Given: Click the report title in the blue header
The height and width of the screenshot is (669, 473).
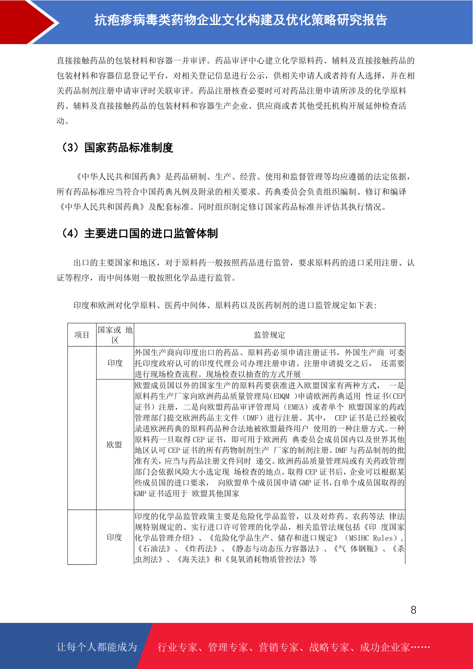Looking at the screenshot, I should [x=241, y=20].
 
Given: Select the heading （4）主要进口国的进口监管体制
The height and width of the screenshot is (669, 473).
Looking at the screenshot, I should [x=139, y=234].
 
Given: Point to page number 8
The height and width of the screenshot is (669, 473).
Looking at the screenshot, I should [x=413, y=610].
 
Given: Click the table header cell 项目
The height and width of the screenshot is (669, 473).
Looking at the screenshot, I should [x=82, y=335].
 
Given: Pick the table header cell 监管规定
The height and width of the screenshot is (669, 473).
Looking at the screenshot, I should [x=269, y=335].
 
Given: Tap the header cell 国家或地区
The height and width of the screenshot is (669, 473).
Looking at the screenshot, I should [x=115, y=335].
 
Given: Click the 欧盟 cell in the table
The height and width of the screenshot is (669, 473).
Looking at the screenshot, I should [x=114, y=445].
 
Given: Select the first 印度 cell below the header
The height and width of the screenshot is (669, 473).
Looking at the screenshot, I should [x=115, y=363].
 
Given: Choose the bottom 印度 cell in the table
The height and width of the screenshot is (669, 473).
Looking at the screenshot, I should [x=114, y=537].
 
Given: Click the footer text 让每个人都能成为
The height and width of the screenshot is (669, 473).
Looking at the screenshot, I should [x=97, y=647].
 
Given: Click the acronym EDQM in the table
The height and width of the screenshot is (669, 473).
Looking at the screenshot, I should [x=282, y=396].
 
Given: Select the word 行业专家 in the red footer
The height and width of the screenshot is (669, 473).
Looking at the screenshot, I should [x=178, y=648].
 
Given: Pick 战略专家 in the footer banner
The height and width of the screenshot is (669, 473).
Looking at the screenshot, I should [x=329, y=648].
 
